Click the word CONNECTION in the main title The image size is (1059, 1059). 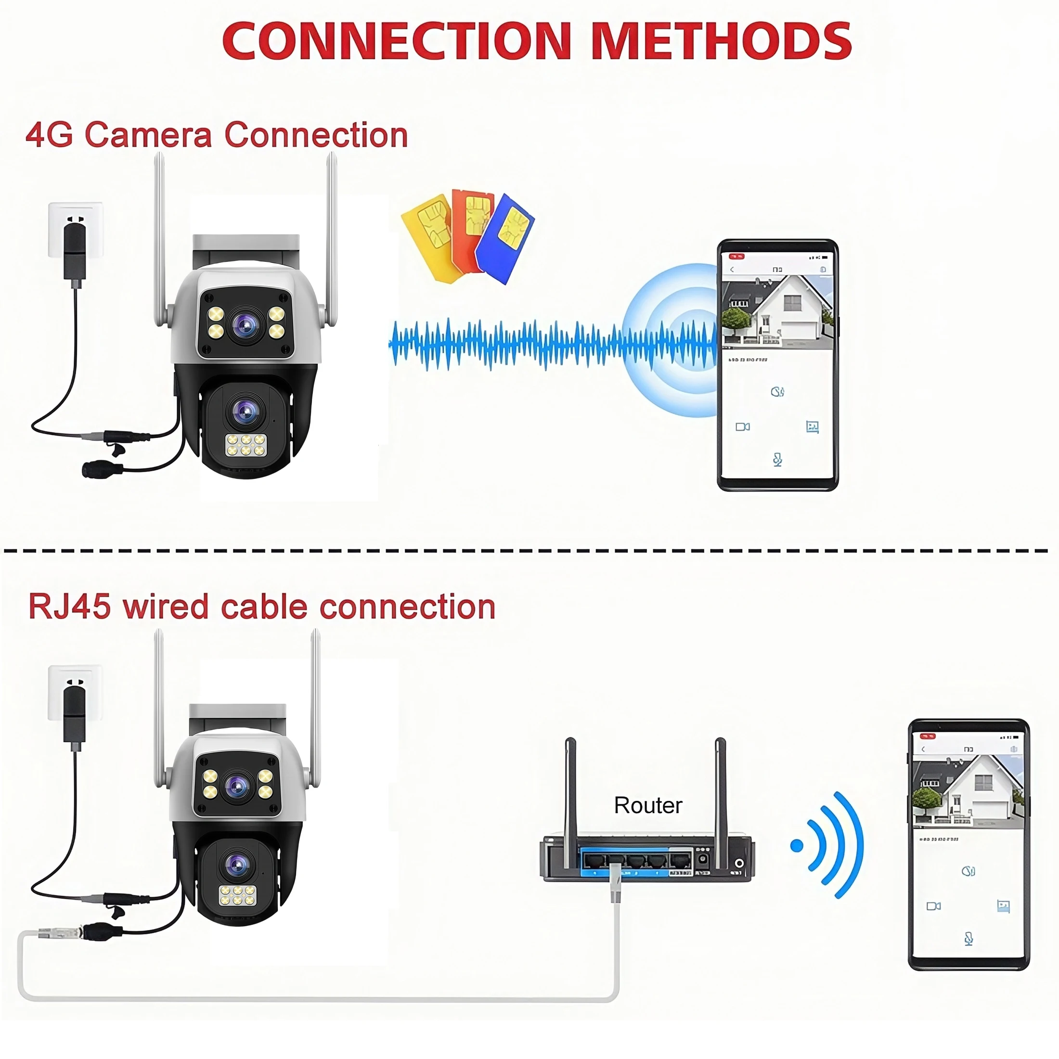[x=398, y=42]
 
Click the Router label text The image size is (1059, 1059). [x=648, y=805]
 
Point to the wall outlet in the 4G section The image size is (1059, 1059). [x=76, y=230]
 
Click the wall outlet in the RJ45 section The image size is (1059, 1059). [x=75, y=693]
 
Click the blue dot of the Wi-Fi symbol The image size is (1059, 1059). [x=797, y=846]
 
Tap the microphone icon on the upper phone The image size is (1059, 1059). [x=777, y=459]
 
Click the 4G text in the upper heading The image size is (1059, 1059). [x=49, y=135]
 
